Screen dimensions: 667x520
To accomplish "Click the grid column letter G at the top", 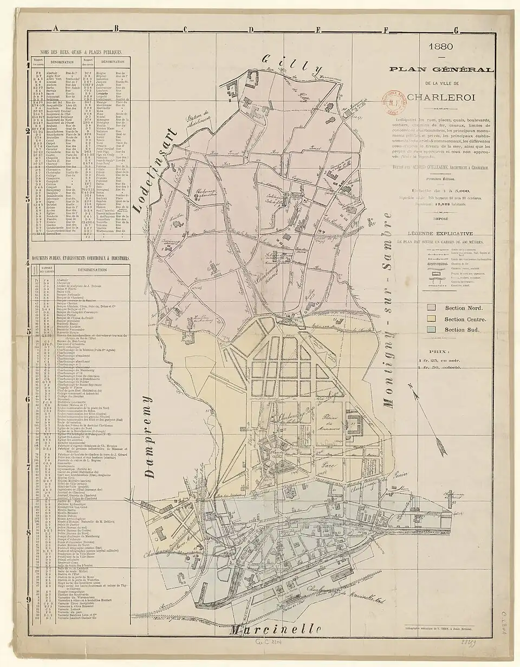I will [x=456, y=30].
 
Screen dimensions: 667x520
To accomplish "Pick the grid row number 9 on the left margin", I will [x=28, y=599].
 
